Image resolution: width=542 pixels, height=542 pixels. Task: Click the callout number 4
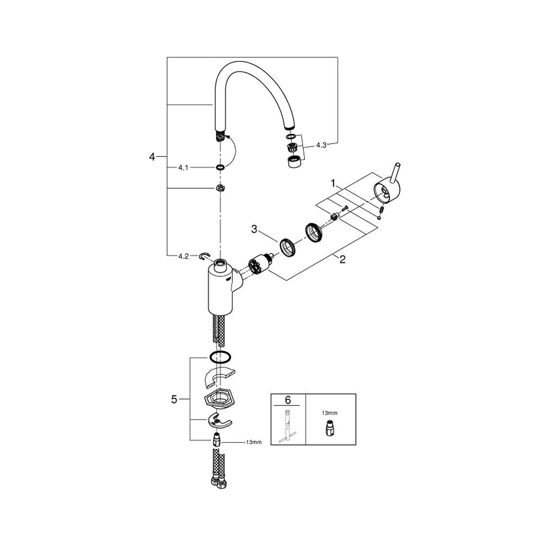tap(152, 157)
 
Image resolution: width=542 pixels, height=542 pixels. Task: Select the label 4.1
tap(183, 167)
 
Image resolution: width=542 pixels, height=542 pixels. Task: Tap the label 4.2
tap(183, 256)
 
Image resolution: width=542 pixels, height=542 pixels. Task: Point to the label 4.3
tap(321, 145)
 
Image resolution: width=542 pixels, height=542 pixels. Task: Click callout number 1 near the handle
tap(333, 184)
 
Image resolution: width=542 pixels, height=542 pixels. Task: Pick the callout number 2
tap(342, 259)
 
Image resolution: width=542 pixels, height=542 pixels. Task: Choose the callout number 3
tap(254, 229)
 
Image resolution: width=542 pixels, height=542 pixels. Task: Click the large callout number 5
tap(174, 399)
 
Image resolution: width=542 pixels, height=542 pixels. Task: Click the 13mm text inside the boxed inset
tap(329, 412)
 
